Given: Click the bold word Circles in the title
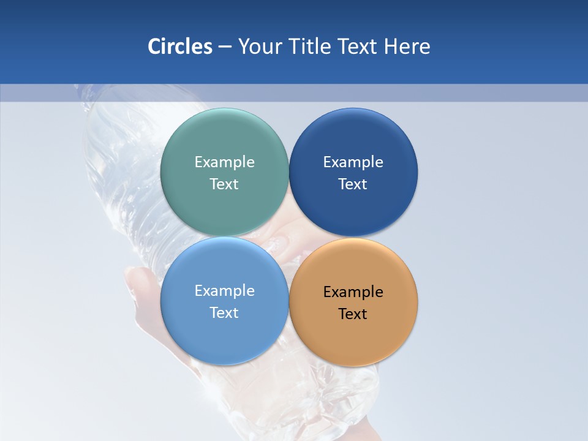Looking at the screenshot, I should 179,47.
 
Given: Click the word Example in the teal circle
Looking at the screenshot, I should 224,162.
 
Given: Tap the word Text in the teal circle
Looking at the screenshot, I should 224,184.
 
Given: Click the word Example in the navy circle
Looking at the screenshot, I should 353,162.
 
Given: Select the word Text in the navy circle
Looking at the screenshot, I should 353,184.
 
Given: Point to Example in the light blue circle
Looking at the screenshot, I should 224,291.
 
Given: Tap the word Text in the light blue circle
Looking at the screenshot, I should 224,313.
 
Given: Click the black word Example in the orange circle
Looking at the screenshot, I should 353,292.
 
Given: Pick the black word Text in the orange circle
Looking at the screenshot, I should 353,314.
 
